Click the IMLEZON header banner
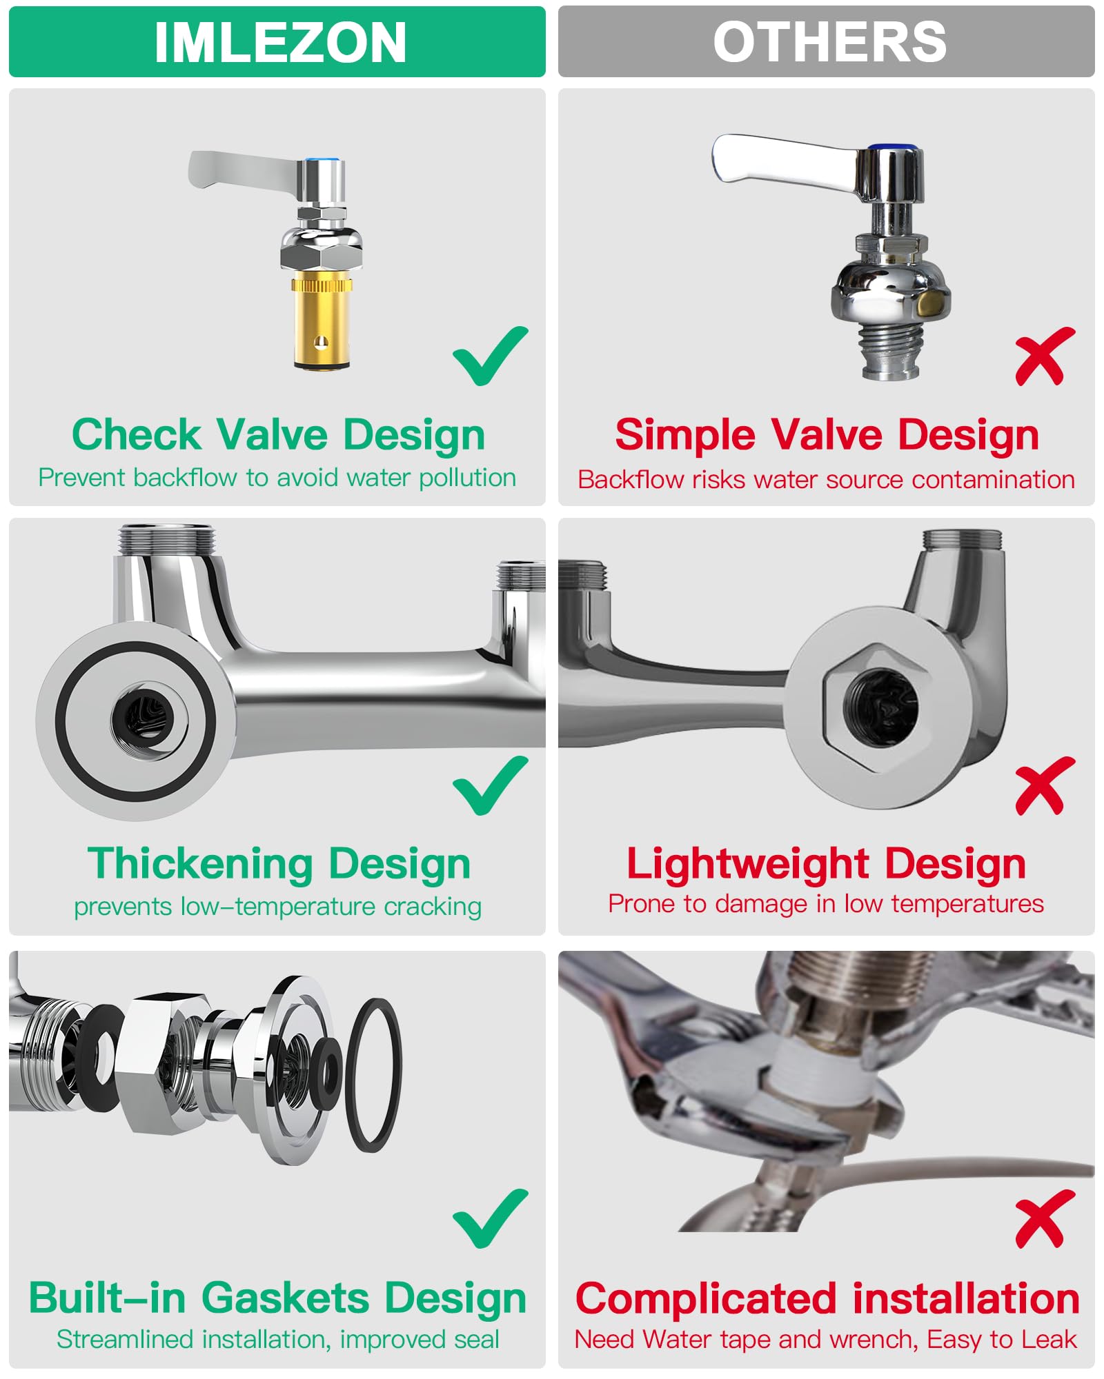click(277, 42)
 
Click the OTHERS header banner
click(826, 42)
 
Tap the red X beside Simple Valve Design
click(1044, 356)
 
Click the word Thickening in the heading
click(200, 864)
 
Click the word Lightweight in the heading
click(748, 864)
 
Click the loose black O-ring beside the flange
click(373, 1075)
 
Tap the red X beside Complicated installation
click(1044, 1218)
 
